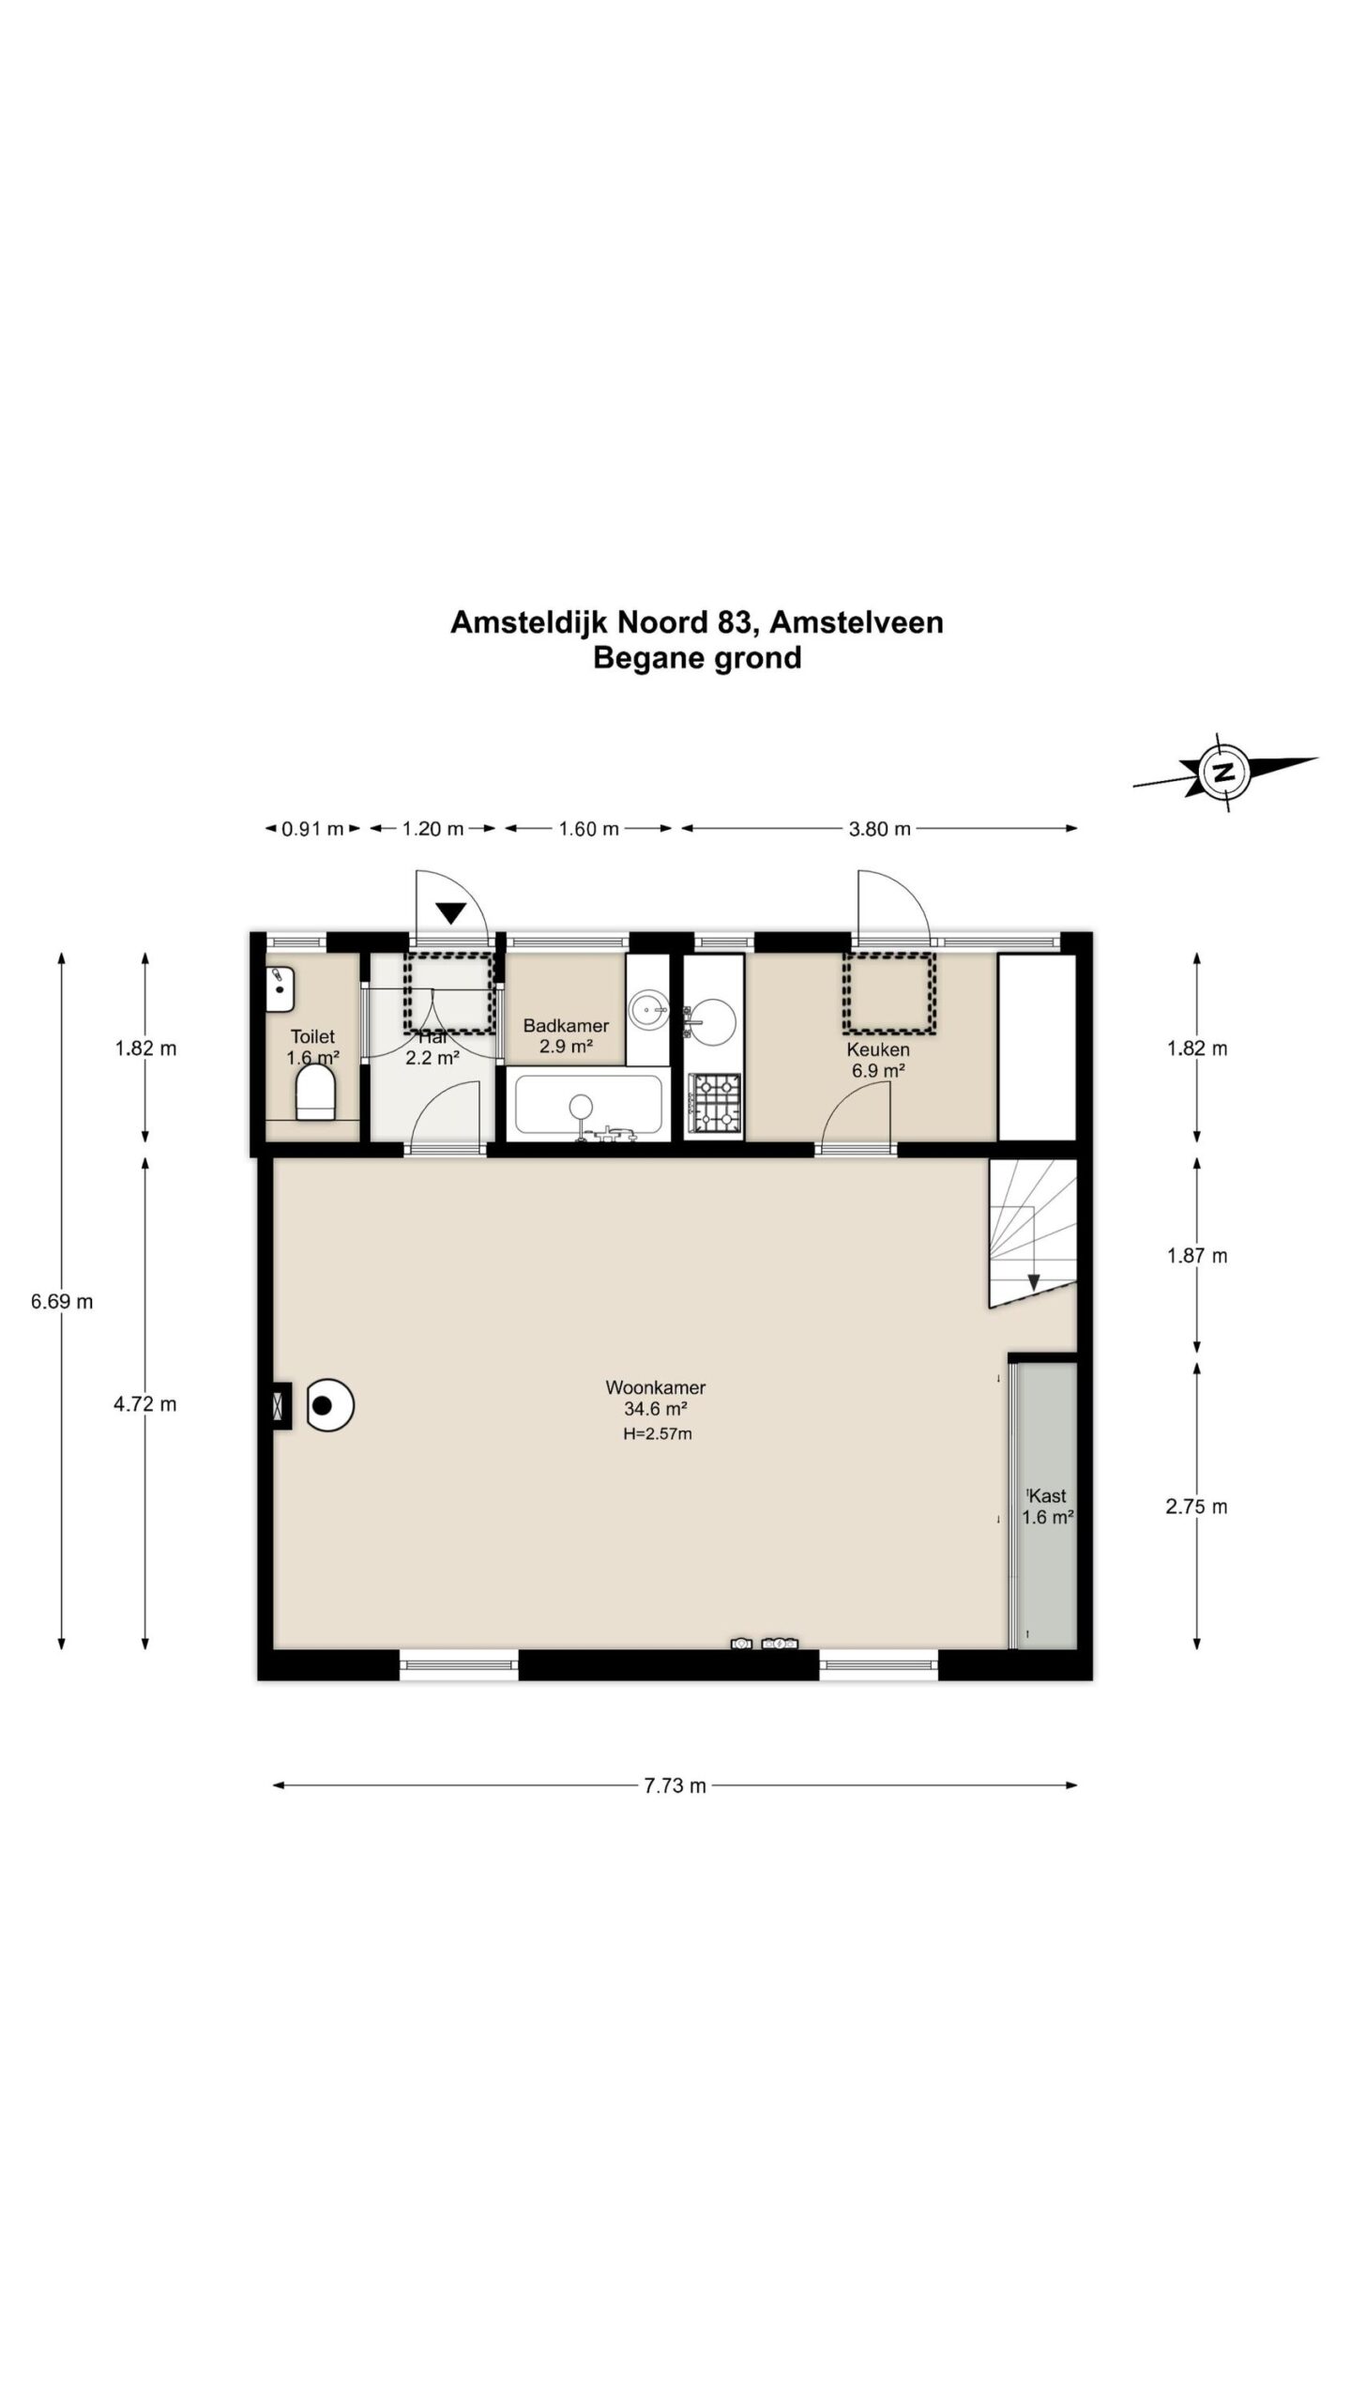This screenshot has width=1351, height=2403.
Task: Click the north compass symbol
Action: (x=1222, y=773)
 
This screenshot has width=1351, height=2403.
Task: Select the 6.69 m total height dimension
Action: (x=62, y=1301)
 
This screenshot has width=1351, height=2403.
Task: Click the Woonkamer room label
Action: (x=655, y=1386)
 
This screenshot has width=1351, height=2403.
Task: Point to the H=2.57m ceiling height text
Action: (x=657, y=1433)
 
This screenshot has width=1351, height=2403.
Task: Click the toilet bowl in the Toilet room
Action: (x=315, y=1095)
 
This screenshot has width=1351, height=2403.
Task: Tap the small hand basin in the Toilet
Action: (x=280, y=989)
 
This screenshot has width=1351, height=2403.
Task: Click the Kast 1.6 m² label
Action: (x=1047, y=1507)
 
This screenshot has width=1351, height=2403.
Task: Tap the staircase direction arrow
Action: (x=1033, y=1281)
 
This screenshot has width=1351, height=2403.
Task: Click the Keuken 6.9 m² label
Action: (x=878, y=1060)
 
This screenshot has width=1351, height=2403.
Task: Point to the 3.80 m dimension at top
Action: (x=879, y=829)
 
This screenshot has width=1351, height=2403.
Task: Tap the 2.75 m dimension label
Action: (x=1196, y=1507)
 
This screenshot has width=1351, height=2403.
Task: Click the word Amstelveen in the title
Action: (x=856, y=622)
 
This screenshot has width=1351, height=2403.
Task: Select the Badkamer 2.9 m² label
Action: (x=566, y=1035)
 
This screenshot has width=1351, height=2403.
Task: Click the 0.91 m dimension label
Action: (x=312, y=829)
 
